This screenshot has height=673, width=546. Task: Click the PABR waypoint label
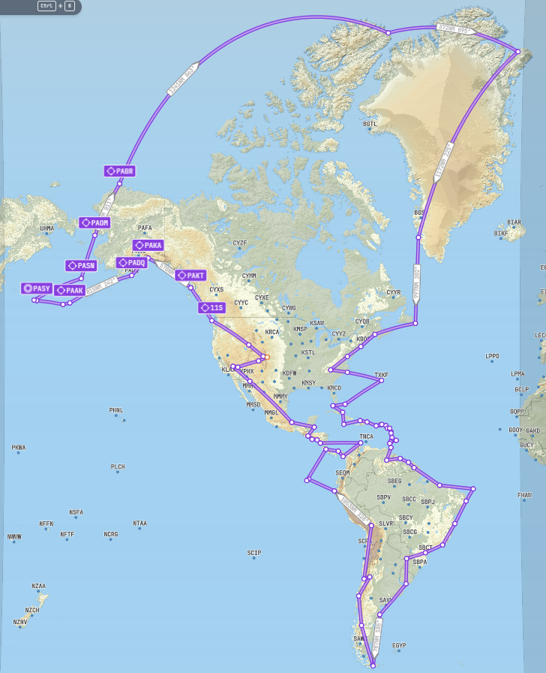(x=120, y=171)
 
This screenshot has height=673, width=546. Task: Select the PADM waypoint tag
(x=95, y=223)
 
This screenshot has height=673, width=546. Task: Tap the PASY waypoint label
(x=37, y=288)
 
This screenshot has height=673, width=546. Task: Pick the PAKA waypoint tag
(x=148, y=246)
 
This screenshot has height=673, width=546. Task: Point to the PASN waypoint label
(x=81, y=266)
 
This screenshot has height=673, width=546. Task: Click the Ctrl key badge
(x=46, y=6)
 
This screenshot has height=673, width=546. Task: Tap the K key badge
(x=70, y=6)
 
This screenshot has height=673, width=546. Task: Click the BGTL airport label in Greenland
(x=370, y=124)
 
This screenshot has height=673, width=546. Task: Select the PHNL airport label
(x=115, y=410)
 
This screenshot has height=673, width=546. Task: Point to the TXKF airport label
(x=381, y=375)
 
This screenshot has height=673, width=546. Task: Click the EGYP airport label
(x=399, y=645)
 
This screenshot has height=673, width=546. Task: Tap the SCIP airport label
(x=254, y=553)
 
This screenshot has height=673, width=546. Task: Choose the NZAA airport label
(x=39, y=586)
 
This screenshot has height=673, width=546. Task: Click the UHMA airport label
(x=46, y=228)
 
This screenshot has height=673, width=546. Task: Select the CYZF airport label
(x=240, y=243)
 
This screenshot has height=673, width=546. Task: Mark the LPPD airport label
(x=492, y=356)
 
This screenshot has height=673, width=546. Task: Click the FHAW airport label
(x=523, y=495)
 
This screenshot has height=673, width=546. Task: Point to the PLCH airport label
(x=118, y=466)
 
